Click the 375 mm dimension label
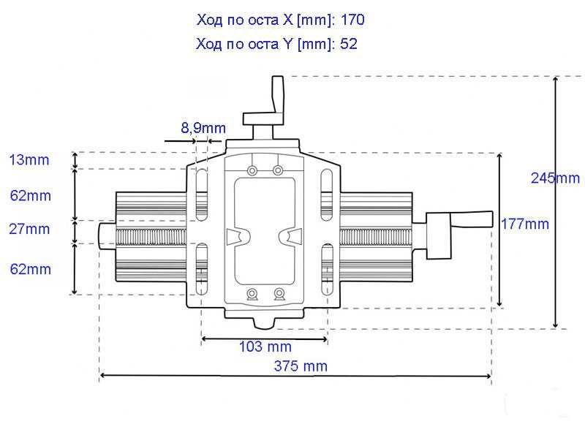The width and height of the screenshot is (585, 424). pyautogui.click(x=301, y=366)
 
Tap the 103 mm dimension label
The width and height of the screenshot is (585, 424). pyautogui.click(x=265, y=347)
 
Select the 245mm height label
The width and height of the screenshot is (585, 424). pyautogui.click(x=555, y=178)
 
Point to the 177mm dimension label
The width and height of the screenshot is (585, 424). pyautogui.click(x=524, y=224)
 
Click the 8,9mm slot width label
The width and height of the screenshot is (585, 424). pyautogui.click(x=203, y=128)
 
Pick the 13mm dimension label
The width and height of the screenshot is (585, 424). pyautogui.click(x=29, y=159)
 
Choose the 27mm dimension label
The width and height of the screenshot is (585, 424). pyautogui.click(x=29, y=229)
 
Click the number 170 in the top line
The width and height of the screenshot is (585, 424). pyautogui.click(x=352, y=20)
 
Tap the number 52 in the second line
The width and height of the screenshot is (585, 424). pyautogui.click(x=349, y=44)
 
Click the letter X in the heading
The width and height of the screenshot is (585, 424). pyautogui.click(x=287, y=20)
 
